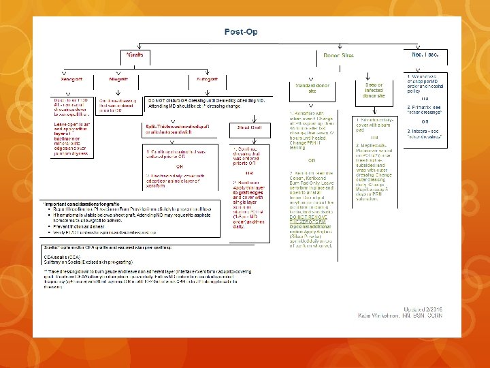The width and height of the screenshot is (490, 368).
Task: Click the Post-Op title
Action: point(241,32)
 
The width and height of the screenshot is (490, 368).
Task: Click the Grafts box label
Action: point(136,55)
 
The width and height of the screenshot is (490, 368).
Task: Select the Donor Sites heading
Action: point(338,55)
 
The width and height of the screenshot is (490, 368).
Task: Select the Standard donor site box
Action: point(312,89)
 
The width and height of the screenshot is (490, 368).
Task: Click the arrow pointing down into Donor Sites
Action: point(338,48)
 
